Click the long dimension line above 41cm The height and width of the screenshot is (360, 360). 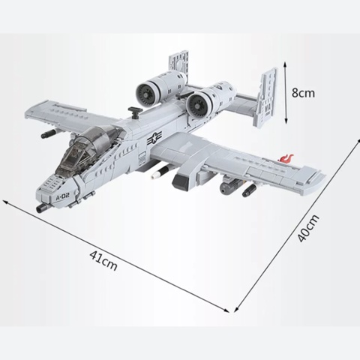(x=120, y=254)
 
